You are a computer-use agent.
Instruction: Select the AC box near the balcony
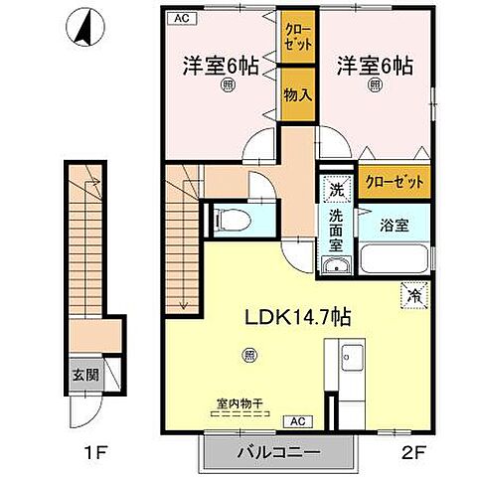[297, 420]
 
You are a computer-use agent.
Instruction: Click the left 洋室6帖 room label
[221, 67]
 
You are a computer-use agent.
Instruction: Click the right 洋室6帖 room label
[375, 67]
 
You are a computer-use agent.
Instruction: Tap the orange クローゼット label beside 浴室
[395, 182]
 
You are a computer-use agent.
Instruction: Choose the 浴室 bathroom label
[393, 226]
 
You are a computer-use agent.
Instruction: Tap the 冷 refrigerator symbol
[411, 294]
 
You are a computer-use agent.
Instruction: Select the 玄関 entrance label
[82, 375]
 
